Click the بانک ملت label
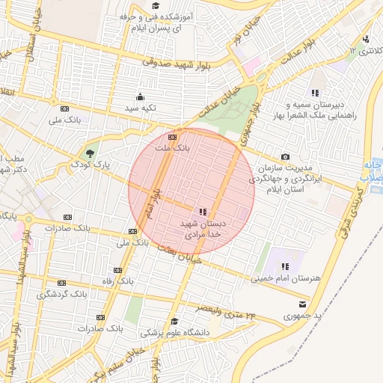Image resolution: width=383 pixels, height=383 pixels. pyautogui.click(x=169, y=149)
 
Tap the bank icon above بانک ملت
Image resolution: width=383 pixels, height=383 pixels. pyautogui.click(x=173, y=138)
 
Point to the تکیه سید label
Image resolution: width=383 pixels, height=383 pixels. pyautogui.click(x=140, y=108)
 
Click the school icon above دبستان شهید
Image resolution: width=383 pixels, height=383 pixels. pyautogui.click(x=203, y=212)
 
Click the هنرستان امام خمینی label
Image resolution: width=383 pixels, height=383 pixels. pyautogui.click(x=287, y=278)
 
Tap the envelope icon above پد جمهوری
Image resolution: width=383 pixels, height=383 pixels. pyautogui.click(x=302, y=304)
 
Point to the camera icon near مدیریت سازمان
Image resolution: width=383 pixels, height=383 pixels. pyautogui.click(x=285, y=156)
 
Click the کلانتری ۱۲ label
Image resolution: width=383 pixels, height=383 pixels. pyautogui.click(x=364, y=51)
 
